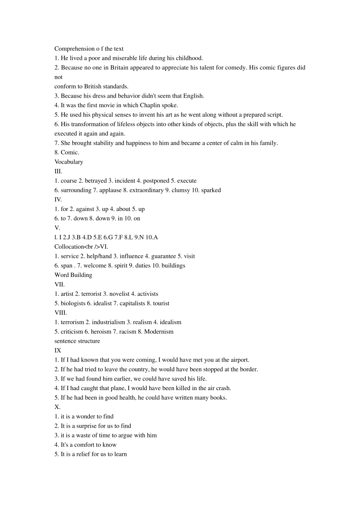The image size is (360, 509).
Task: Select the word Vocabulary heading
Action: (69, 162)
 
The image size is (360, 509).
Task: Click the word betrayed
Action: (96, 181)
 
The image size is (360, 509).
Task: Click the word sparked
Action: (211, 190)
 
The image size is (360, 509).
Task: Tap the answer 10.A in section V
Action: (152, 237)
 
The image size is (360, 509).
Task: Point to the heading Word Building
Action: (73, 275)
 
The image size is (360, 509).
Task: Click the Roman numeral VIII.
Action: (61, 313)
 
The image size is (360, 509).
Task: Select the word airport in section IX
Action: (239, 360)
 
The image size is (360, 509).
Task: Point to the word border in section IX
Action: (249, 369)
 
